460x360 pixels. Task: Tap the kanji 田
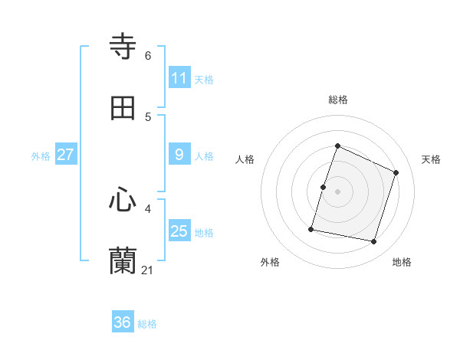(123, 108)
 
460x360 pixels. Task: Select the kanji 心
(123, 200)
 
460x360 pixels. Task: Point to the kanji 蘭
(123, 260)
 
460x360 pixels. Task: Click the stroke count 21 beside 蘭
(148, 270)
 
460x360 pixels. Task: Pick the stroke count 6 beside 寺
(148, 56)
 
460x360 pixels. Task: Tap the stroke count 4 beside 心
(148, 208)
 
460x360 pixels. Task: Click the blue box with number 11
(179, 78)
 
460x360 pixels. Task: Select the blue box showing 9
(179, 155)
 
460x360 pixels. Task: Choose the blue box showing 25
(179, 231)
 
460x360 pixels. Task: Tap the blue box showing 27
(66, 155)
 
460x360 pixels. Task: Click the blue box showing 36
(123, 322)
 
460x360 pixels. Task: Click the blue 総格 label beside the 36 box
(147, 324)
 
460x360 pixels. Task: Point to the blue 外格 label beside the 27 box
(41, 156)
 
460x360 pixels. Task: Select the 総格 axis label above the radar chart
(338, 100)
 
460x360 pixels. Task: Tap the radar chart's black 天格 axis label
(431, 159)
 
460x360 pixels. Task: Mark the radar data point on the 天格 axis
(396, 172)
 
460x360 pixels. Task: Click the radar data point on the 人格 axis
(323, 187)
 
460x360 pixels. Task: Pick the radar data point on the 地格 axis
(373, 241)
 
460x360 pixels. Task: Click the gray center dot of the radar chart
(338, 191)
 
